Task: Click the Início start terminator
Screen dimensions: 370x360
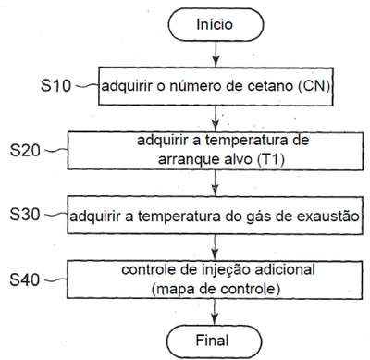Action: point(216,24)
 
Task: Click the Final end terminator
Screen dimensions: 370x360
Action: point(214,341)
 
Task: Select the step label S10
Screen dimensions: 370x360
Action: point(55,85)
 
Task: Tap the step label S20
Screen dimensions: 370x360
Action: point(25,151)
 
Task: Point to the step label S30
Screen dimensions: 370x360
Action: point(25,215)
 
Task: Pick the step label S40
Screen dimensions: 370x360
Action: point(25,279)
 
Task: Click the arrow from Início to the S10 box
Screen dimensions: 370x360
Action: point(216,54)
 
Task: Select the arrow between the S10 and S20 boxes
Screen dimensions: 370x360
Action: point(216,118)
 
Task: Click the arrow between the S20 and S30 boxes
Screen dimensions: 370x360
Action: point(216,183)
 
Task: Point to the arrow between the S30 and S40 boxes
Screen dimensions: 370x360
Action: point(215,247)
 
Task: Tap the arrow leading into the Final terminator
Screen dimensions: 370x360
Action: point(214,312)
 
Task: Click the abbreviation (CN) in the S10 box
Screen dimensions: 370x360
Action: point(314,86)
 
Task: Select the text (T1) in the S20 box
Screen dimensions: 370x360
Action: point(270,159)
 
